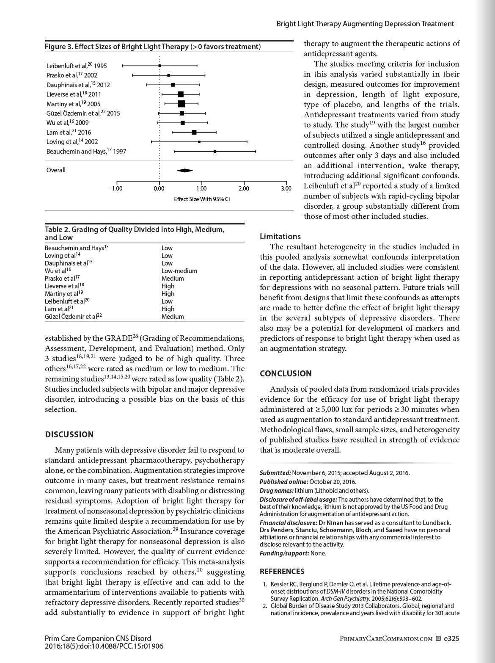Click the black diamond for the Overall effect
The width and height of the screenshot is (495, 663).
[185, 170]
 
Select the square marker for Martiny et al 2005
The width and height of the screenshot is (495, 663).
[181, 104]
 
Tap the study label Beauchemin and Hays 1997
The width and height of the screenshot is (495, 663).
[86, 151]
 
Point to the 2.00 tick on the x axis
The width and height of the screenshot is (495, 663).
[244, 188]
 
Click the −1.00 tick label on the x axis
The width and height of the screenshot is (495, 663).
[115, 188]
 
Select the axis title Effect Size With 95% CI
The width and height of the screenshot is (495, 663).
[202, 199]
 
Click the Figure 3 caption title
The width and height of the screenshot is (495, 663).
[153, 47]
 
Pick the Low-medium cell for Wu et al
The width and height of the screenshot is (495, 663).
[179, 271]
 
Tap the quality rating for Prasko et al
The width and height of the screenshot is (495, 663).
[173, 279]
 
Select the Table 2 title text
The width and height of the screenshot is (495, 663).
[135, 233]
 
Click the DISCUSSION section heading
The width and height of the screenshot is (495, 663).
[69, 434]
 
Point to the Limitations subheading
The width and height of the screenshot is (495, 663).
[280, 237]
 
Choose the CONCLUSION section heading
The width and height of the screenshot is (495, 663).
[286, 373]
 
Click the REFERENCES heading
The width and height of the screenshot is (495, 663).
[282, 572]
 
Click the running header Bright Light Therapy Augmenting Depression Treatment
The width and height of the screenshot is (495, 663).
[365, 24]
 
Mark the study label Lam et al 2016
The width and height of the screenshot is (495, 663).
[69, 132]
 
